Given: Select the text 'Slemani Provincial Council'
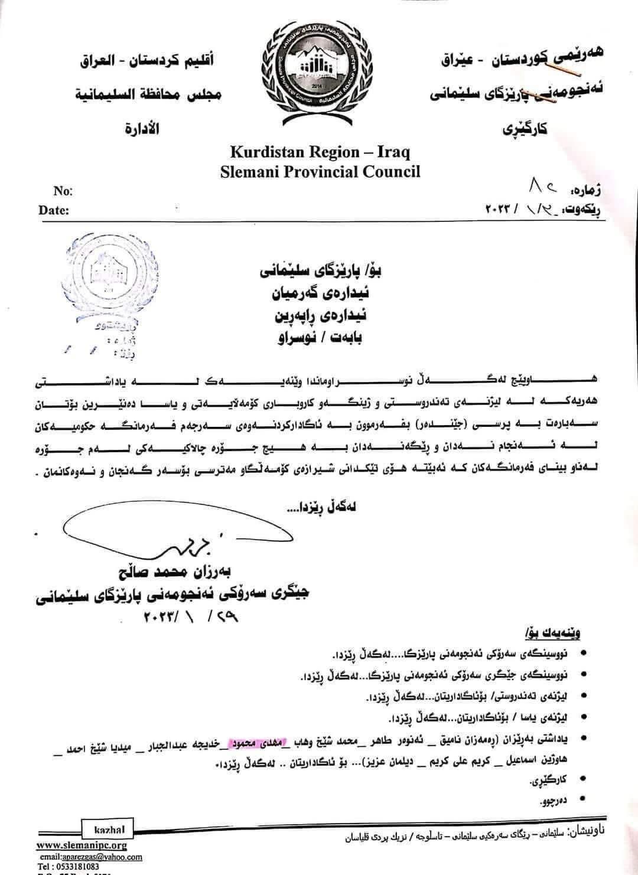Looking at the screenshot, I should [x=320, y=172].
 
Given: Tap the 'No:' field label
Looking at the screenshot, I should [x=63, y=191].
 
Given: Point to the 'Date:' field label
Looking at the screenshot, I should [x=54, y=210].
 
